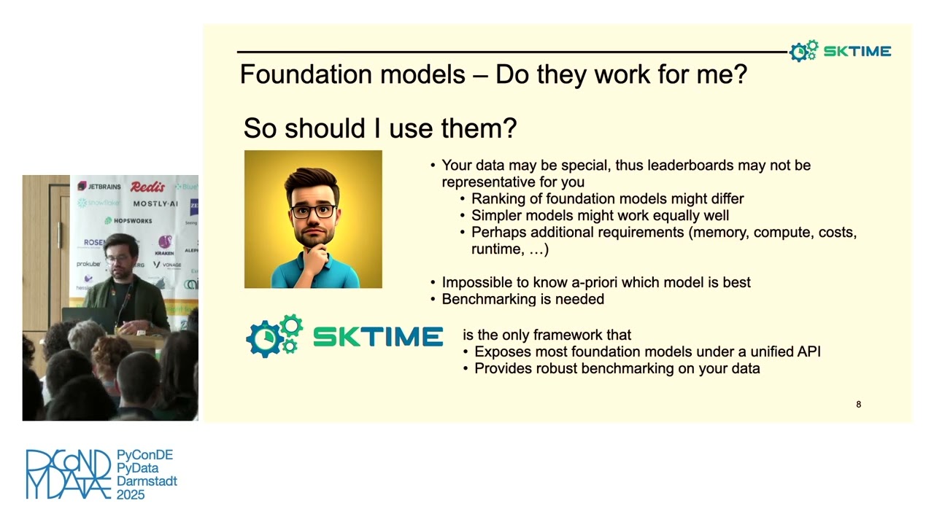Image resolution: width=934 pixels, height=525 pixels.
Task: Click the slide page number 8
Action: [858, 404]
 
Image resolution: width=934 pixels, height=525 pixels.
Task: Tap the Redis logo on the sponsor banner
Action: [147, 187]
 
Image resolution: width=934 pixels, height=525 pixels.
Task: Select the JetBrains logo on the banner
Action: [100, 187]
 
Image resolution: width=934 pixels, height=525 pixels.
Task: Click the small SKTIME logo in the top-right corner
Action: [840, 51]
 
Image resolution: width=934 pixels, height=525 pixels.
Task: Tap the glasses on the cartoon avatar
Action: [313, 211]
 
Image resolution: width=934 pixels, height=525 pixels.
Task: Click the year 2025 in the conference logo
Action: [131, 494]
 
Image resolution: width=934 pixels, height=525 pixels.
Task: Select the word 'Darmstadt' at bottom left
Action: [147, 481]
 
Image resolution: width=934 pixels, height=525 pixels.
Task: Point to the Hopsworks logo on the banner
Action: [128, 220]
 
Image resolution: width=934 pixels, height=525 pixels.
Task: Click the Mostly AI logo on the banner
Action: [155, 203]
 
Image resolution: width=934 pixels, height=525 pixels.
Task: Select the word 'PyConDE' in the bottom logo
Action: [144, 455]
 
